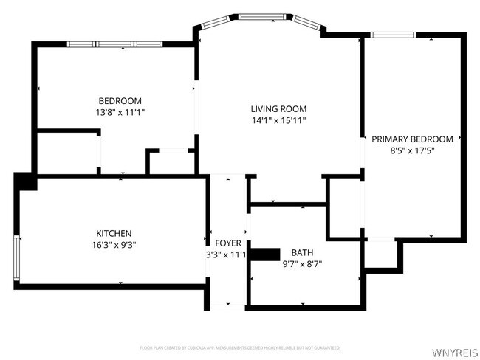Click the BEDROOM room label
(x=120, y=101)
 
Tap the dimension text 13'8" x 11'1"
(x=120, y=112)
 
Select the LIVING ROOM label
(x=278, y=108)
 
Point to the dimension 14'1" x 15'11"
(x=278, y=120)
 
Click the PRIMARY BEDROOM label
(x=412, y=139)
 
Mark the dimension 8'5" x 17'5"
(x=412, y=150)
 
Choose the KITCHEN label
(x=114, y=232)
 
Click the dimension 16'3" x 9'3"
(x=114, y=243)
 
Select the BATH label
(x=302, y=252)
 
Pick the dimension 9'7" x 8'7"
(x=302, y=263)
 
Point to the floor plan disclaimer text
(x=239, y=347)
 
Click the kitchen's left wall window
(x=17, y=259)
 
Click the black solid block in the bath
(x=266, y=255)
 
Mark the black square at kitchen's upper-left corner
(x=24, y=181)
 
